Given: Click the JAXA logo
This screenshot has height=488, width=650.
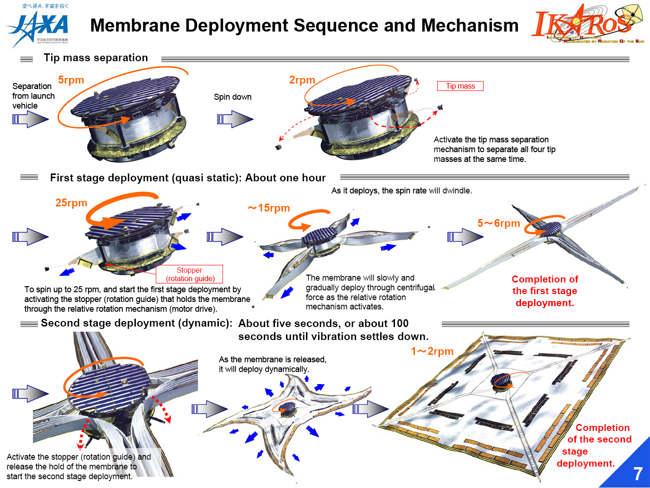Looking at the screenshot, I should click(38, 27).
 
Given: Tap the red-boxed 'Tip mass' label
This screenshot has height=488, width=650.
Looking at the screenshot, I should click(460, 86).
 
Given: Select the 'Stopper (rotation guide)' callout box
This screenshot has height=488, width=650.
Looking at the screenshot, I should click(190, 274).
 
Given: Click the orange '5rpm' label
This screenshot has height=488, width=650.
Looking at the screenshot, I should click(71, 80).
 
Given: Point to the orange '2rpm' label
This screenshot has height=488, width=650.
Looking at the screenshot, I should click(302, 80).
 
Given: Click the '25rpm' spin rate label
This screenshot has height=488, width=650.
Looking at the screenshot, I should click(71, 203).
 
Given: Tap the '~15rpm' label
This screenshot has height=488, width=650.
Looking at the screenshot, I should click(269, 208).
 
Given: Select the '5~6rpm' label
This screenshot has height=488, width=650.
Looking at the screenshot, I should click(498, 224).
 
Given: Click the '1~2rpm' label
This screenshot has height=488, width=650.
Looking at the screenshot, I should click(432, 352).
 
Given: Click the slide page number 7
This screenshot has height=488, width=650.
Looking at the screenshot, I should click(637, 474).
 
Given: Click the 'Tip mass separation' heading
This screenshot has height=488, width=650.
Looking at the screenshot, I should click(96, 58).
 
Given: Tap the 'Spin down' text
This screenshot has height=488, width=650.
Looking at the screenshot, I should click(232, 97).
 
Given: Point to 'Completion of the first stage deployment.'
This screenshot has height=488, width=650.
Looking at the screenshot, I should click(545, 291).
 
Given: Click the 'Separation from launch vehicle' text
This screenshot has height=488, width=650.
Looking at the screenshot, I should click(33, 96).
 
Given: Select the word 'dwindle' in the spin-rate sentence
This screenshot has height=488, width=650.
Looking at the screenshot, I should click(456, 191).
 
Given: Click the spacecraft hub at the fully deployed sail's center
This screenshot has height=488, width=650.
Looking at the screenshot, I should click(502, 381).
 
